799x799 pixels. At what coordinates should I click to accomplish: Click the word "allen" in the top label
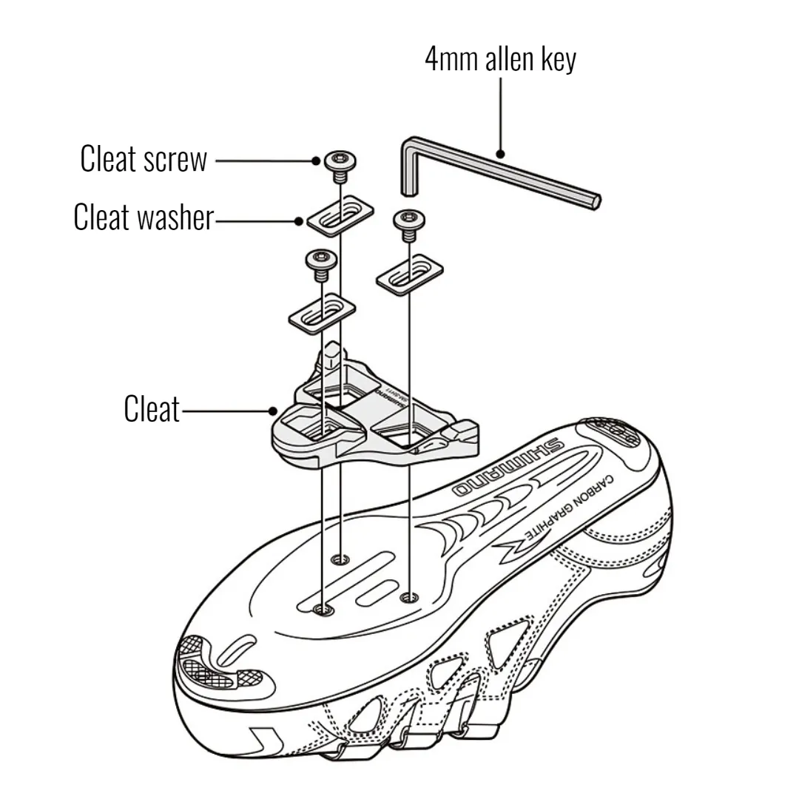[510, 60]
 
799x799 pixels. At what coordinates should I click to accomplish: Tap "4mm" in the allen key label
[452, 60]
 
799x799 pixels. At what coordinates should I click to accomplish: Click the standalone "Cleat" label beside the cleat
[152, 409]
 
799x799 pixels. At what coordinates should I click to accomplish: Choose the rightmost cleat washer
[409, 274]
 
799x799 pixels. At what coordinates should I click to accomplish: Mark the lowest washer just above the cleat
[322, 313]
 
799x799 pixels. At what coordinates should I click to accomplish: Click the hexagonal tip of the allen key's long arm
[596, 200]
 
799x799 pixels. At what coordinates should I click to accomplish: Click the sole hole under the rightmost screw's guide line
[405, 596]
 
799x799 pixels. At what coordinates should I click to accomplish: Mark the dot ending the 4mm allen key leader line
[501, 155]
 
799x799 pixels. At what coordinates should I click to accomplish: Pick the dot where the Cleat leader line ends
[273, 411]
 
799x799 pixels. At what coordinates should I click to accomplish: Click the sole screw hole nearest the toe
[321, 609]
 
